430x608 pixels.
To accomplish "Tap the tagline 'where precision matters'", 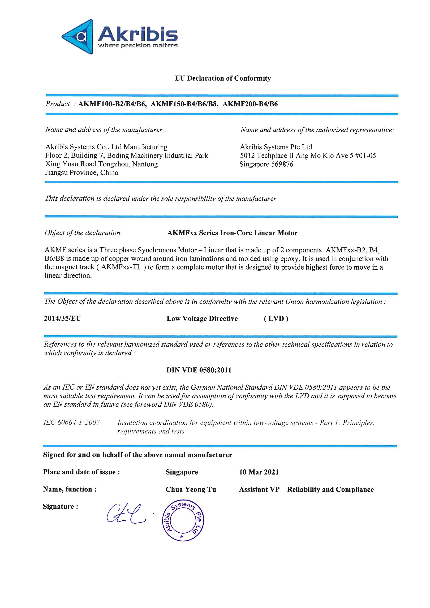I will [138, 46].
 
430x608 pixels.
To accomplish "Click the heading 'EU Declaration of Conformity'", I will [223, 78].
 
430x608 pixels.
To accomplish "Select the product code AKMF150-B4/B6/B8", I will [184, 104].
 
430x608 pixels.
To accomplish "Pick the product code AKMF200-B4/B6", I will [250, 104].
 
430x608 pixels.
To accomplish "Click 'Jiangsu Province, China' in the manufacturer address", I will [81, 173].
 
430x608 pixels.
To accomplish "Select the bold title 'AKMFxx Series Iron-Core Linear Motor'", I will [232, 233].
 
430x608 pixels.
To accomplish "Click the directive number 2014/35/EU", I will [62, 318].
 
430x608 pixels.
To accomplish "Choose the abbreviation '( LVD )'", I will [276, 319].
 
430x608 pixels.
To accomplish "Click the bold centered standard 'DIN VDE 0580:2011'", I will [199, 370].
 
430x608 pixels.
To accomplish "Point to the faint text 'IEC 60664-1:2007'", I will [72, 422].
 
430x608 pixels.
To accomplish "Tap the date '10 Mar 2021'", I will [259, 472].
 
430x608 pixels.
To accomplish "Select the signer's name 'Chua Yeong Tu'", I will [191, 489].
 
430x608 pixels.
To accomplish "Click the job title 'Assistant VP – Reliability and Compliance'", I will [306, 489].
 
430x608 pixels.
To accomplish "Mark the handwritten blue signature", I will [126, 514].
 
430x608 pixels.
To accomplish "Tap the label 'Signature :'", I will [60, 507].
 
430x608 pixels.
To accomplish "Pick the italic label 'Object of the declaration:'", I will [84, 233].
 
